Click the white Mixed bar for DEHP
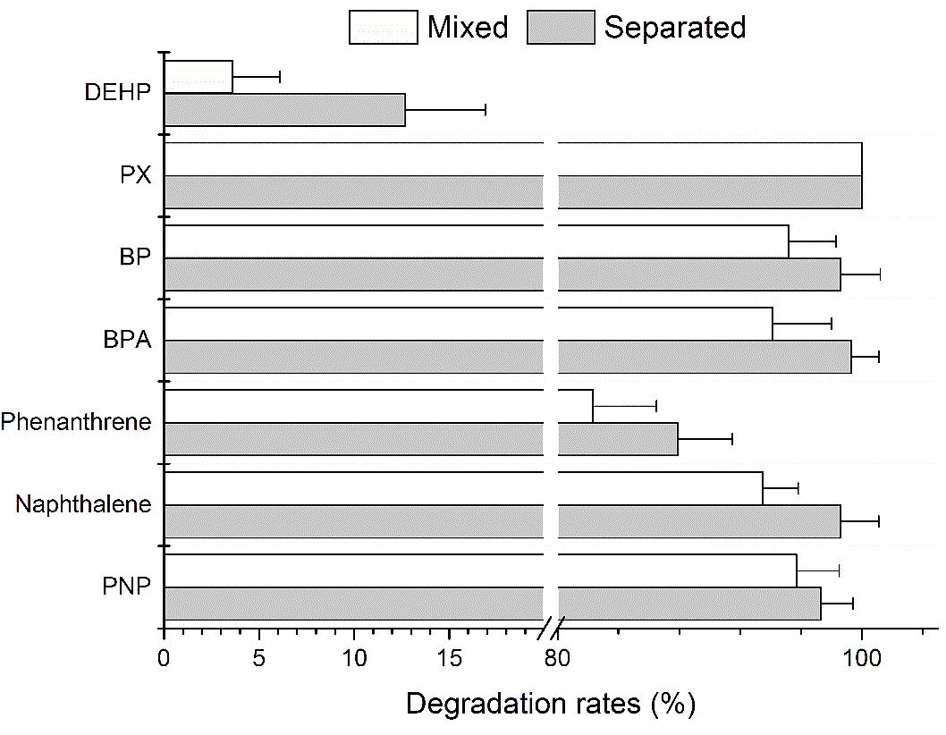click(x=198, y=77)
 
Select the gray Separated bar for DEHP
click(x=284, y=109)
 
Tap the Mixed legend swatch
click(x=383, y=27)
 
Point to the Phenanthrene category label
click(x=76, y=422)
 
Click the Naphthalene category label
click(x=83, y=505)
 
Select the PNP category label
click(x=126, y=587)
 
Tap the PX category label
click(x=136, y=174)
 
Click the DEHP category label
click(x=118, y=92)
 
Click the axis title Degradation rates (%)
click(x=550, y=704)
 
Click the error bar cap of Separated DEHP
click(x=486, y=109)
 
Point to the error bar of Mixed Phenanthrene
click(x=624, y=406)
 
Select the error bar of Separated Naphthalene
click(x=860, y=521)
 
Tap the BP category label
click(x=134, y=258)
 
